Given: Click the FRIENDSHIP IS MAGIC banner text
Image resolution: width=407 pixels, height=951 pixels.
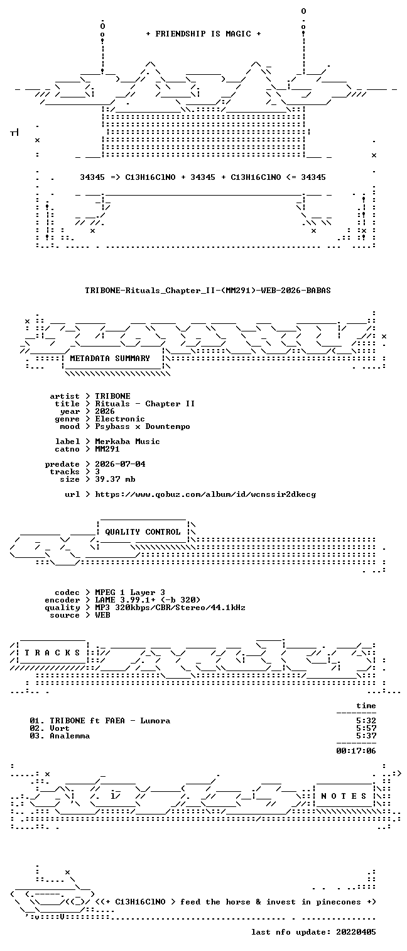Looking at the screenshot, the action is pyautogui.click(x=203, y=33).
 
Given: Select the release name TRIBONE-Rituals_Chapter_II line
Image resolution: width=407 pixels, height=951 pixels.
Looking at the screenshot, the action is pyautogui.click(x=208, y=291).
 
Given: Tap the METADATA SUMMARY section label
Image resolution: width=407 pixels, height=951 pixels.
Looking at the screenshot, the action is pyautogui.click(x=110, y=359).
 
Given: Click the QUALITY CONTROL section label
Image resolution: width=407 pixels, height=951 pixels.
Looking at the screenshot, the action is pyautogui.click(x=143, y=532).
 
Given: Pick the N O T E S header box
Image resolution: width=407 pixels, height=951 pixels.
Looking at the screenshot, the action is pyautogui.click(x=344, y=796).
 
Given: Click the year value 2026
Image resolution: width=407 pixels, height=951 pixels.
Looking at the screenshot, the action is pyautogui.click(x=105, y=411).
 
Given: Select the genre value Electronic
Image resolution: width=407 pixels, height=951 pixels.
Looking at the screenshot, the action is pyautogui.click(x=120, y=419).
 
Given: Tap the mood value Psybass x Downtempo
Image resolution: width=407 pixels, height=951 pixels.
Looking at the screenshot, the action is pyautogui.click(x=143, y=426).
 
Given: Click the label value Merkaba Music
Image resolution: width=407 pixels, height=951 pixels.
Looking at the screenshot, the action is pyautogui.click(x=128, y=441).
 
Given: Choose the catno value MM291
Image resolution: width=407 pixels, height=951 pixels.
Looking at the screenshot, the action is pyautogui.click(x=107, y=448).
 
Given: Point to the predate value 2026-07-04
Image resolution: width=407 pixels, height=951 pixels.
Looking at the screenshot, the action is pyautogui.click(x=120, y=464).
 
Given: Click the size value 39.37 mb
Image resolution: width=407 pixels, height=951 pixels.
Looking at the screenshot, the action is pyautogui.click(x=116, y=479).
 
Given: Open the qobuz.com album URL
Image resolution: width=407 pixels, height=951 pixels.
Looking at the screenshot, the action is pyautogui.click(x=205, y=494).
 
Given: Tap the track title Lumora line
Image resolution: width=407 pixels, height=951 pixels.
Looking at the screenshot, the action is pyautogui.click(x=100, y=720).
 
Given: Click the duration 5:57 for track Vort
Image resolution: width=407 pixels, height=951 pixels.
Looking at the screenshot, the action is pyautogui.click(x=366, y=728).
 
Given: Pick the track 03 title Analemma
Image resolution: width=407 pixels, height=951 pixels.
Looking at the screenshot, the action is pyautogui.click(x=70, y=736).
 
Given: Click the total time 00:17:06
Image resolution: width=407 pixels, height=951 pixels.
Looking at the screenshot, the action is pyautogui.click(x=356, y=750).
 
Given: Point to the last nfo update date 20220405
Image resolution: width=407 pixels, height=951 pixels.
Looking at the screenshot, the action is pyautogui.click(x=356, y=932).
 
